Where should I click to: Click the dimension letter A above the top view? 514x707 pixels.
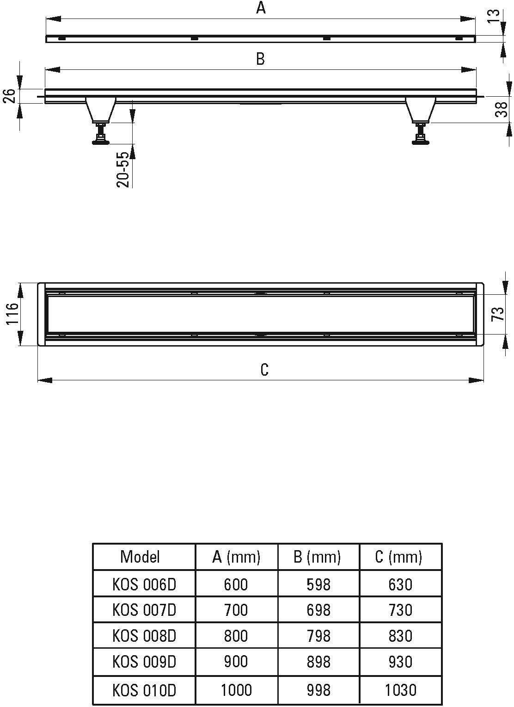pyautogui.click(x=261, y=8)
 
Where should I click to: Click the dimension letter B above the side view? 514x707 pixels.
pyautogui.click(x=261, y=59)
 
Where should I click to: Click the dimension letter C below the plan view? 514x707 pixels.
pyautogui.click(x=264, y=370)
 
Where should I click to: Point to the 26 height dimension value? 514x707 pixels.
pyautogui.click(x=9, y=96)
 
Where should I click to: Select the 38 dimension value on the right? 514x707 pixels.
pyautogui.click(x=501, y=109)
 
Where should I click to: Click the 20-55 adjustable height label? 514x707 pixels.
pyautogui.click(x=123, y=170)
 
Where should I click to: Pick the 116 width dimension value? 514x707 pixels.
pyautogui.click(x=12, y=313)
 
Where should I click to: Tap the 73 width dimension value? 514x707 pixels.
pyautogui.click(x=498, y=314)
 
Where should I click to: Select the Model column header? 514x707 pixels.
pyautogui.click(x=140, y=557)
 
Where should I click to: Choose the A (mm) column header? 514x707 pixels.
pyautogui.click(x=236, y=557)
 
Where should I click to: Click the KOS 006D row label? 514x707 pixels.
pyautogui.click(x=144, y=584)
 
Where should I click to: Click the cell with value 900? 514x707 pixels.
pyautogui.click(x=236, y=662)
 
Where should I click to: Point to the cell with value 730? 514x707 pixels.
pyautogui.click(x=400, y=610)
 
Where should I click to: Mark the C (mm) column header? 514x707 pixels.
pyautogui.click(x=398, y=557)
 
